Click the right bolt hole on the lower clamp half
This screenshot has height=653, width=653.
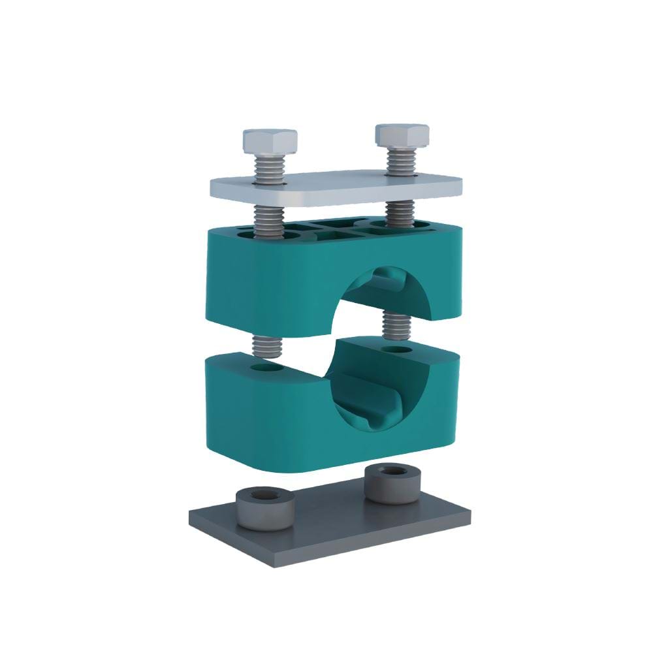click(x=396, y=350)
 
